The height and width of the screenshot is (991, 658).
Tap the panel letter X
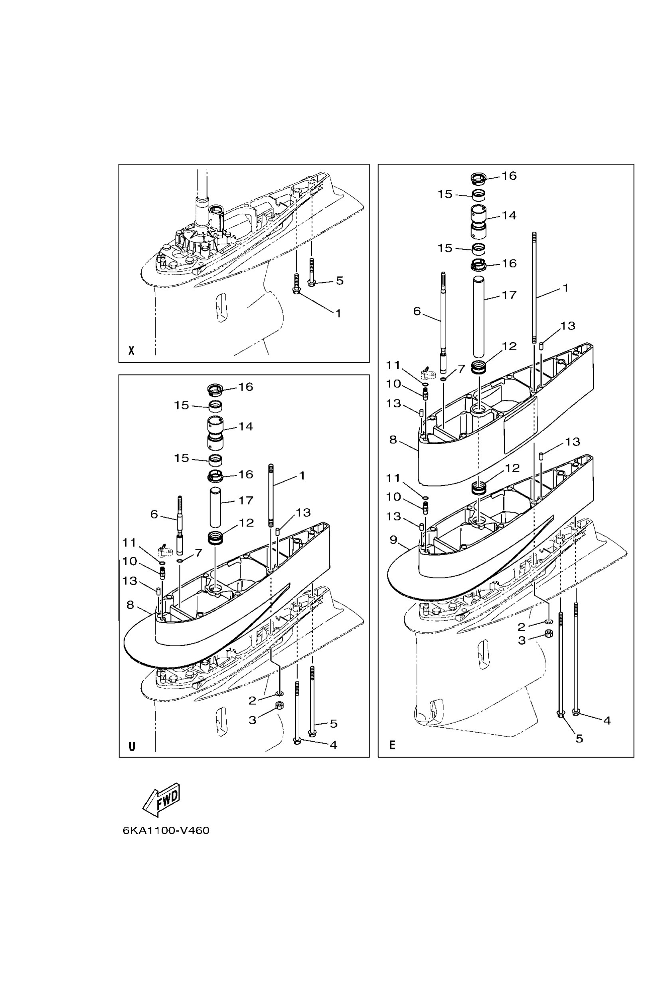point(131,350)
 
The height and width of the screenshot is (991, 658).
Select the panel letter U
point(132,746)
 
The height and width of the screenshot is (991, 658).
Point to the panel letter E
point(392,745)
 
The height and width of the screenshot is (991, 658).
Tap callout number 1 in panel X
point(338,313)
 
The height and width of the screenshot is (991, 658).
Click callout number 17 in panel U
point(246,500)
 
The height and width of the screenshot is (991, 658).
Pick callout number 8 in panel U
point(130,604)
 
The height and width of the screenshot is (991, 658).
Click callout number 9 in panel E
point(393,539)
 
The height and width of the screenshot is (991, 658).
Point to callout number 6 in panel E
point(417,311)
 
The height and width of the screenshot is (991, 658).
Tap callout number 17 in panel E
point(509,295)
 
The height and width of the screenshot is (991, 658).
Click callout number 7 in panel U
point(198,552)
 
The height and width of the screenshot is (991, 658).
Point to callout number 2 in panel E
point(521,627)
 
